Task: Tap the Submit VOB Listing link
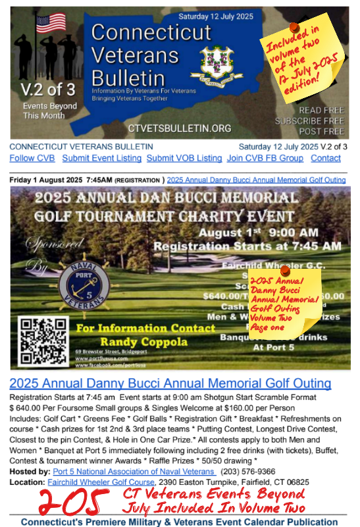tap(184, 158)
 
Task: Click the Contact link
tap(326, 158)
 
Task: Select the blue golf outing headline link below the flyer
tap(170, 383)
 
